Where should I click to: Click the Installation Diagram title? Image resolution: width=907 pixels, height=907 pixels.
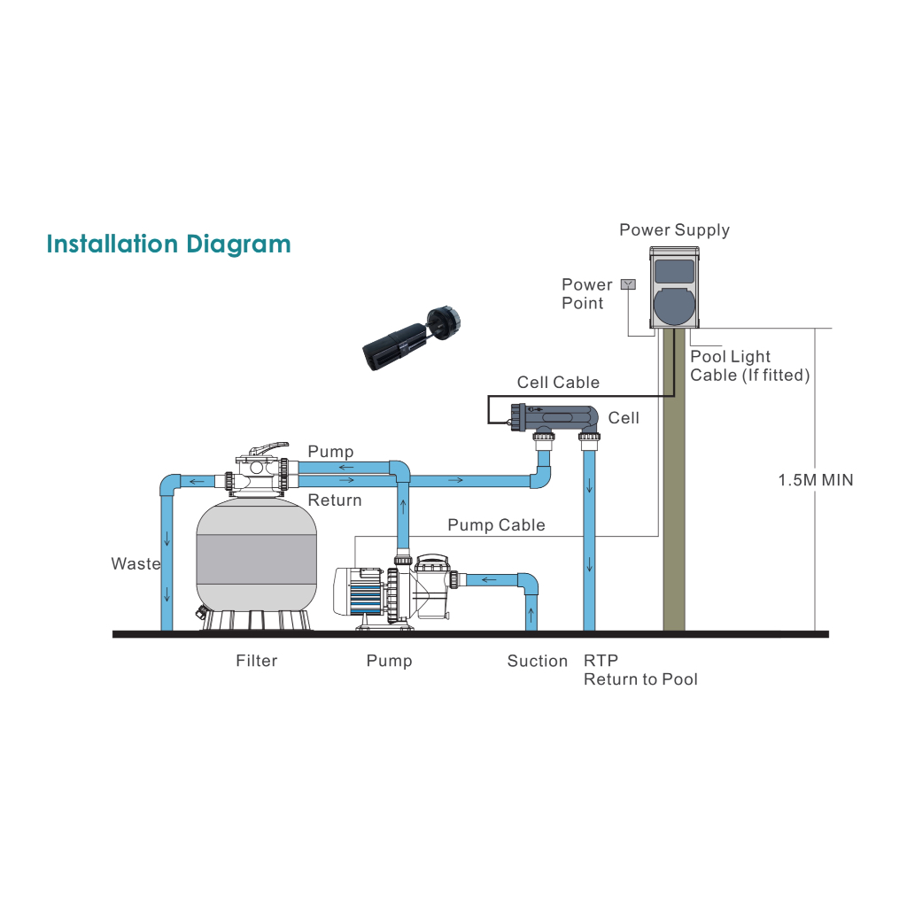point(168,244)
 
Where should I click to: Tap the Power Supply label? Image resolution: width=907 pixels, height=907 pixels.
point(674,230)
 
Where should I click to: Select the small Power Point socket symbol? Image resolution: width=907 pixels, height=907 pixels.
point(628,284)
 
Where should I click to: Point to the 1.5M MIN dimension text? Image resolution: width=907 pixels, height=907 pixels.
point(816,481)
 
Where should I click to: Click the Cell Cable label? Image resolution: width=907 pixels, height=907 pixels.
point(558,383)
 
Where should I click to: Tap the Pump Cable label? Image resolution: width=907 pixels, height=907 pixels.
point(496,525)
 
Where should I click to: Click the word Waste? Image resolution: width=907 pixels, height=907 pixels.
point(136,563)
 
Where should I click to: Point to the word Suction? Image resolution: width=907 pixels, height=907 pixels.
point(537,661)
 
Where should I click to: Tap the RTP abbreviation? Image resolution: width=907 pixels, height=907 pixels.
point(601,661)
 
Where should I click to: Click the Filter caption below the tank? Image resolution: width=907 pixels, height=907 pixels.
point(256,661)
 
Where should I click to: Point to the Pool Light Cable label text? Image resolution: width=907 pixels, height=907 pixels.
point(749,366)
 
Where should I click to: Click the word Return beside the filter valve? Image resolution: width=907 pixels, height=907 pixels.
point(335,500)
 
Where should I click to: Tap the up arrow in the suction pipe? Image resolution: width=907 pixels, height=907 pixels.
point(531,613)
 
